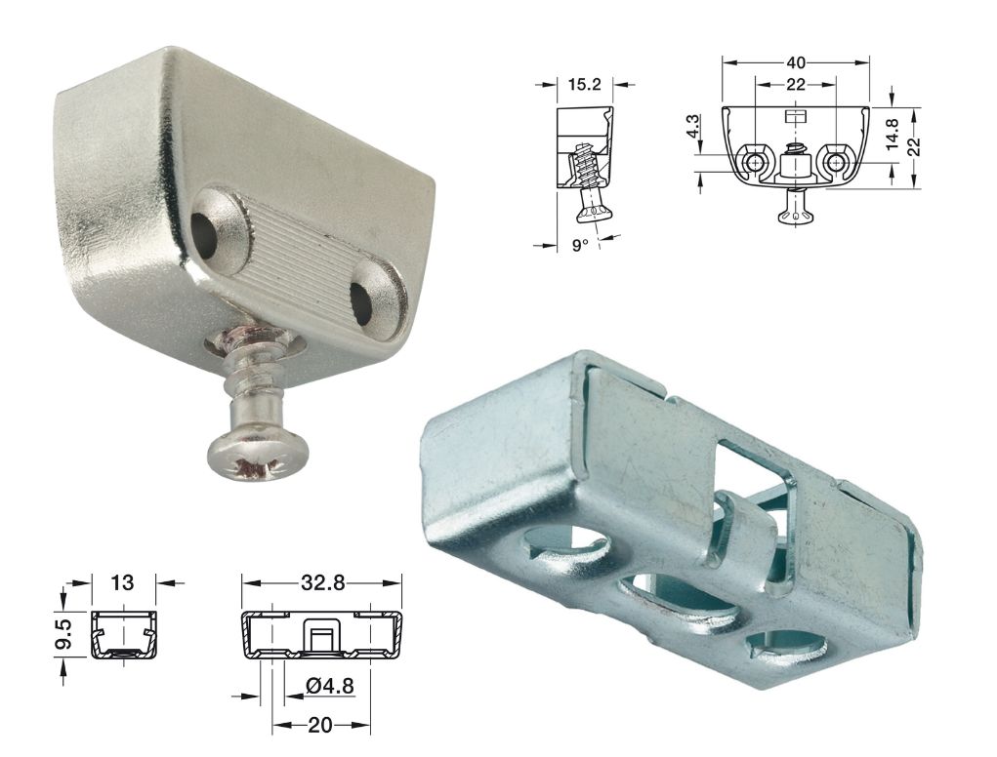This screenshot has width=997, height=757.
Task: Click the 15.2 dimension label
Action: pos(584,83)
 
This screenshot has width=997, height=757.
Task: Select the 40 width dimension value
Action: pos(796,62)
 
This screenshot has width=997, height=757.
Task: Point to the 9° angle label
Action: pos(580,245)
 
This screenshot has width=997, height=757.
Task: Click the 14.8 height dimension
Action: pos(893,134)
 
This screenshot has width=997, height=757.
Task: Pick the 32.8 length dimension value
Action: pos(321,581)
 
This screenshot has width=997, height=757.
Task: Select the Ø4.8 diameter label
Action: pos(329,686)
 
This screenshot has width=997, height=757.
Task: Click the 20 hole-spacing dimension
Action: pos(320,725)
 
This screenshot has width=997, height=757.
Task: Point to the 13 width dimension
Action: pos(122,581)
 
